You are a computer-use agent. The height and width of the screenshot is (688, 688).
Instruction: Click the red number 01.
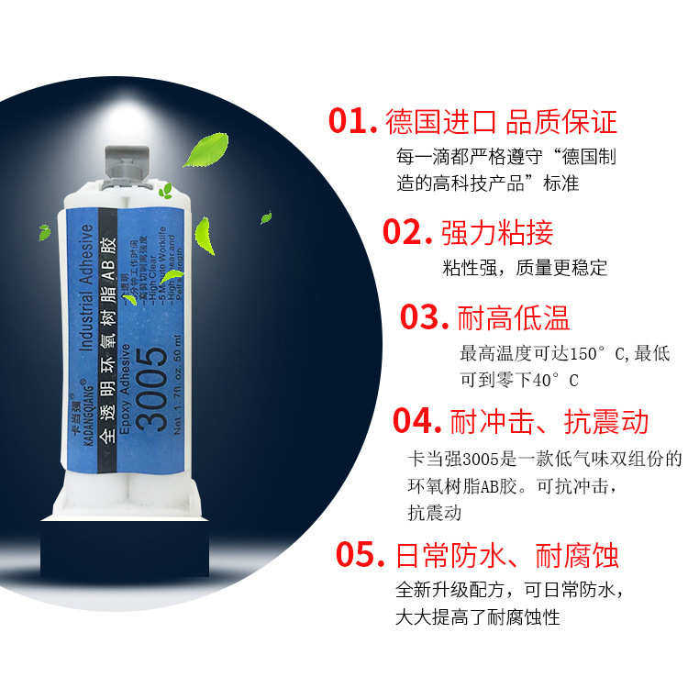pos(353,122)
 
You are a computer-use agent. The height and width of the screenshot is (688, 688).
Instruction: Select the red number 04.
pos(418,421)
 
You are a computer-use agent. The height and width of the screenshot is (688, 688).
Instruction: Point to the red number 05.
pos(360,554)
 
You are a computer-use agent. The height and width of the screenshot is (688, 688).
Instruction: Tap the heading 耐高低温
pos(514,317)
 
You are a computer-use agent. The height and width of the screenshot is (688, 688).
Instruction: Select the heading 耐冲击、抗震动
pos(549,421)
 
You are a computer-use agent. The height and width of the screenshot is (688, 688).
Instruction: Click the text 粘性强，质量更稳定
pos(525,269)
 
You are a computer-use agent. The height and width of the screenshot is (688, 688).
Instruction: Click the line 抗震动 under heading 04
pos(434,513)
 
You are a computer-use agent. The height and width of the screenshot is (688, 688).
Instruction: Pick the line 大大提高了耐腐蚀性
pos(477,616)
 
